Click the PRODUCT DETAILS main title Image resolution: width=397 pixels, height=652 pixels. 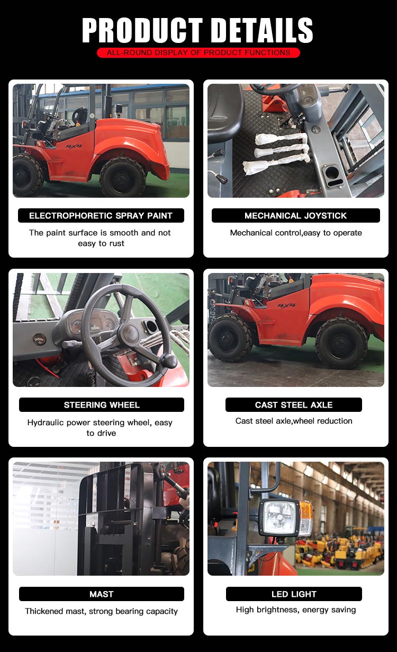point(197,30)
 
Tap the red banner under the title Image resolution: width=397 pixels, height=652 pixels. point(198,52)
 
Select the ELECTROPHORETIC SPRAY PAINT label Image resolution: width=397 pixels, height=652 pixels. point(101,215)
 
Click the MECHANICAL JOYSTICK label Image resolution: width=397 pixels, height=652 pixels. point(295,215)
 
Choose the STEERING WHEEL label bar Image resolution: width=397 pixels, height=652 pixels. point(102,404)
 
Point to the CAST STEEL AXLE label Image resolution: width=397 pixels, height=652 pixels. point(294,404)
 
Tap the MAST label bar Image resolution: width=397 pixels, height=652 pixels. point(102,594)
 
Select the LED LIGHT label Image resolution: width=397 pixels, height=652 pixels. point(294,594)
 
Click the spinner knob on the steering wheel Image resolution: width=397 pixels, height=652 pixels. point(168,361)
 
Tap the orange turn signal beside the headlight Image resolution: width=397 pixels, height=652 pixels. point(306,512)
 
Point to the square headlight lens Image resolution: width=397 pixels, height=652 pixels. point(279,517)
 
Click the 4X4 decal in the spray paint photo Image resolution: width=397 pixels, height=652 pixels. point(74,146)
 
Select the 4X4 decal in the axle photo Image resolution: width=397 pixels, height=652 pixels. point(286,305)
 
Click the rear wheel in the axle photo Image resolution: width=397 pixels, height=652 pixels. point(342,343)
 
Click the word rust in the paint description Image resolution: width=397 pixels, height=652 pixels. point(116,243)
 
